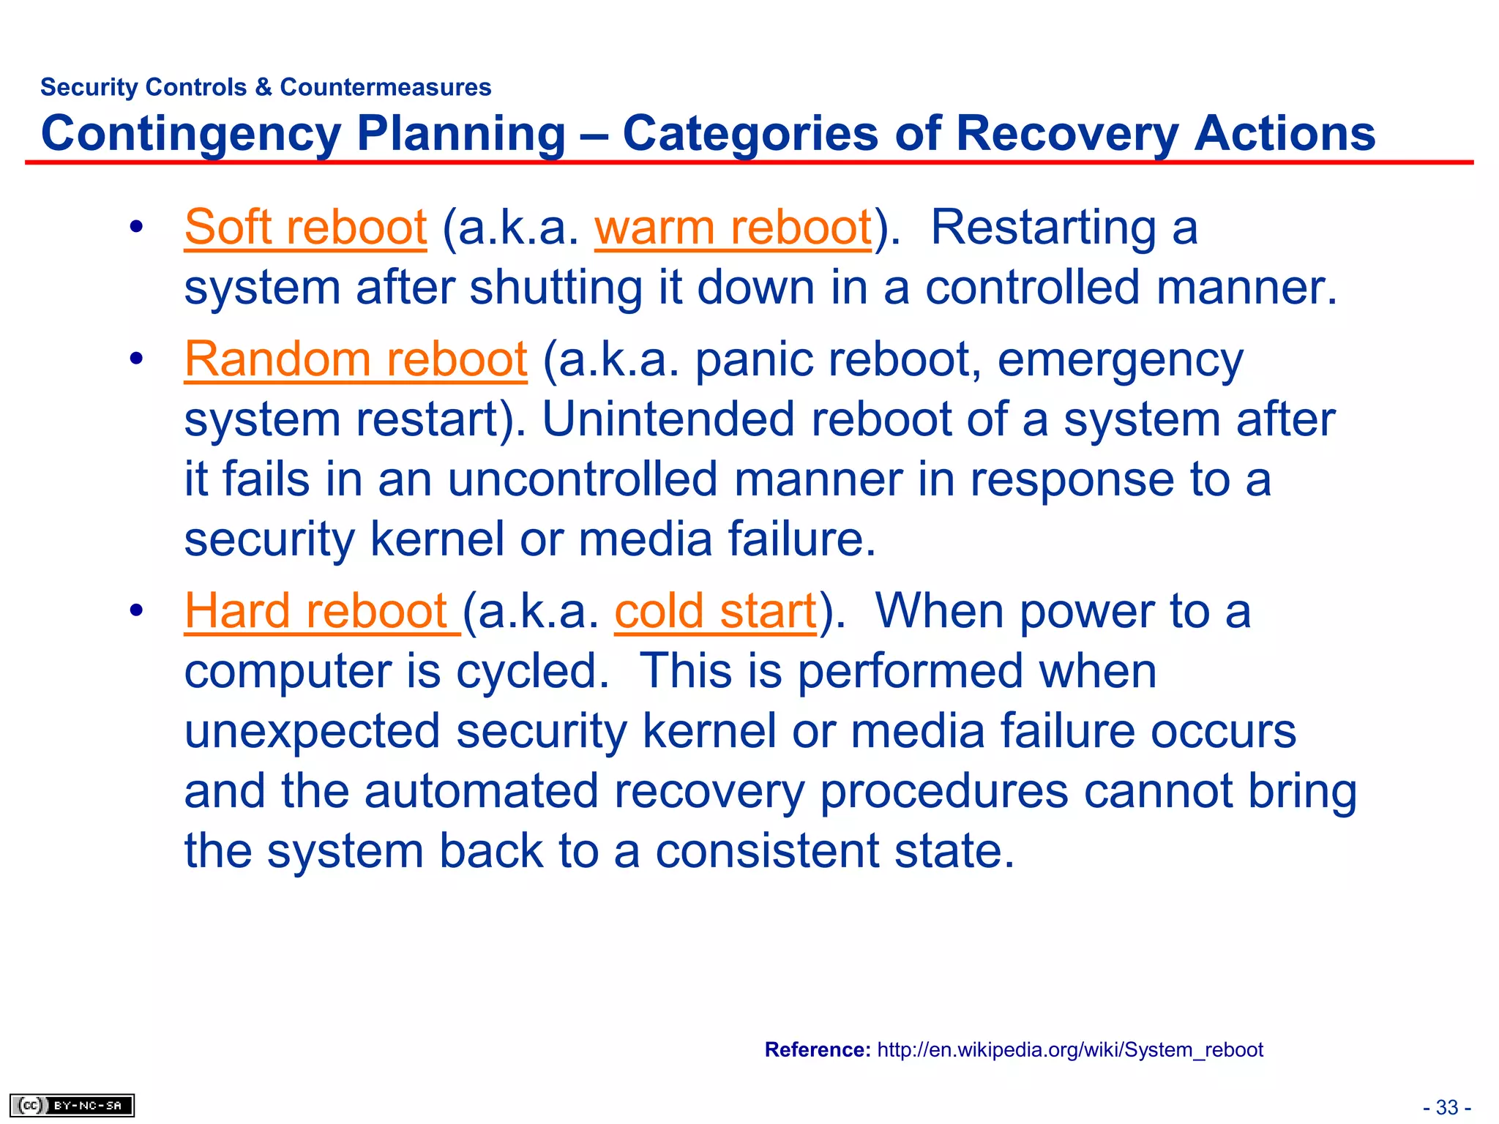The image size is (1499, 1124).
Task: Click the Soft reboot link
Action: point(305,228)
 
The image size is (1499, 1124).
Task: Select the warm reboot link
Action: point(733,228)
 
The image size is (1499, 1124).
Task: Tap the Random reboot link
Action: point(356,360)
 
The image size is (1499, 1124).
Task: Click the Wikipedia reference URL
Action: point(1069,1049)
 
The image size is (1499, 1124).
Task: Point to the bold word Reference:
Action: point(817,1049)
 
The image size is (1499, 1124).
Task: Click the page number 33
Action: point(1446,1107)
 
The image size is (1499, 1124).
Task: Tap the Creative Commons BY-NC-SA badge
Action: point(72,1105)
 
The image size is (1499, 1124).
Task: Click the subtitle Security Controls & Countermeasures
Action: point(266,87)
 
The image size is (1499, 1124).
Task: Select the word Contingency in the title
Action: point(191,134)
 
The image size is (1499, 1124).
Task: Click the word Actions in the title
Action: point(1284,134)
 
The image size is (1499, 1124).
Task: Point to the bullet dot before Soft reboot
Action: point(135,228)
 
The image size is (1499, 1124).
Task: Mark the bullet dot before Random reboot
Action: point(135,360)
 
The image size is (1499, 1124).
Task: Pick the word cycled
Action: point(532,671)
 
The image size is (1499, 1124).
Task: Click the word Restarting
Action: point(1043,228)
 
